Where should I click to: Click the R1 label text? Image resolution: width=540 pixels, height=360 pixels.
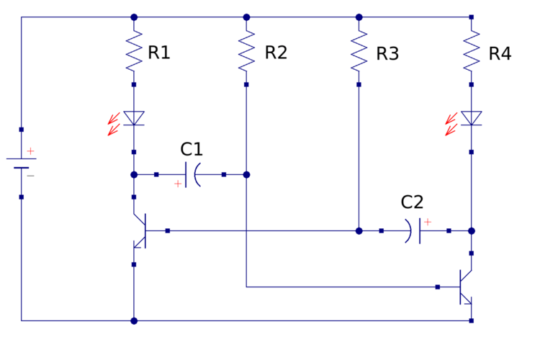[x=159, y=53]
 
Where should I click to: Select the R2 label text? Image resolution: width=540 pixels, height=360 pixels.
[x=276, y=53]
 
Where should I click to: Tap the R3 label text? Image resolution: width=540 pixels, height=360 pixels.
[x=387, y=54]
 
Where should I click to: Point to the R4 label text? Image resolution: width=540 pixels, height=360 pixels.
[x=500, y=54]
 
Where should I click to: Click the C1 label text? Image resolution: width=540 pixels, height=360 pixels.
[x=192, y=149]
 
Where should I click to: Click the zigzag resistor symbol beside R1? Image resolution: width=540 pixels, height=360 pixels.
[x=134, y=51]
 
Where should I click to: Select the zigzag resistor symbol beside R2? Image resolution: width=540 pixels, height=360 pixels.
[x=246, y=51]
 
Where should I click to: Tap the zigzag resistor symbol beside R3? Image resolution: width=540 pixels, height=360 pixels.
[x=359, y=51]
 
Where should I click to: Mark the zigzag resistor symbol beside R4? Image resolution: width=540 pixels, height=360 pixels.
[x=472, y=51]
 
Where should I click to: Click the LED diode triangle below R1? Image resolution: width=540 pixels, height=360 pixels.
[x=134, y=118]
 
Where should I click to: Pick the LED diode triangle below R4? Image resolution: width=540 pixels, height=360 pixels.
[x=472, y=118]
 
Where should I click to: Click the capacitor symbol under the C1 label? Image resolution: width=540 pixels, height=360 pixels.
[x=191, y=175]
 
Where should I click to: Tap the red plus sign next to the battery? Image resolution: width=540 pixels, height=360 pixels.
[x=31, y=151]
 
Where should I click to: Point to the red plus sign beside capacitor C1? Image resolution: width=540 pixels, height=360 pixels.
[x=178, y=184]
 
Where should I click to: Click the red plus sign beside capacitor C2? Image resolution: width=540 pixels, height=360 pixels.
[x=427, y=222]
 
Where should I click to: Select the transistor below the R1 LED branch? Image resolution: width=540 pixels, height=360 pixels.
[x=140, y=231]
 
